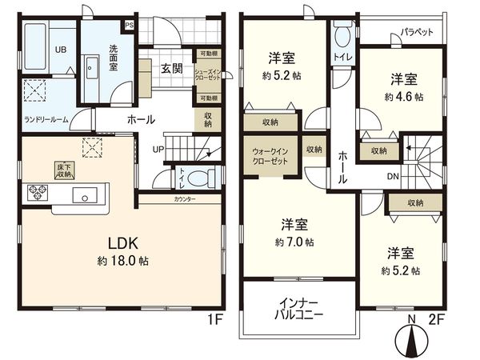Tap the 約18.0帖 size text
coord(122,261)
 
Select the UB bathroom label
coord(38,49)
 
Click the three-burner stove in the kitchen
coord(38,191)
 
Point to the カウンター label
coord(185,198)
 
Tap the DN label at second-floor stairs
coord(394,177)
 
